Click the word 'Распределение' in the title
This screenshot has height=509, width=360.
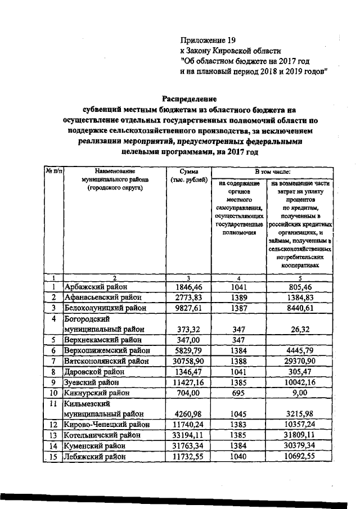(189, 98)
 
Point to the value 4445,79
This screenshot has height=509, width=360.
(298, 350)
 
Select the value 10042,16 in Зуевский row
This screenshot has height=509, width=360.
(298, 382)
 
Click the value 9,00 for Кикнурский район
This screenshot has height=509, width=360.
(298, 393)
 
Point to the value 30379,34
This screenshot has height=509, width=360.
(298, 445)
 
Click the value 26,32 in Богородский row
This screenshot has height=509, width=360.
(298, 329)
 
